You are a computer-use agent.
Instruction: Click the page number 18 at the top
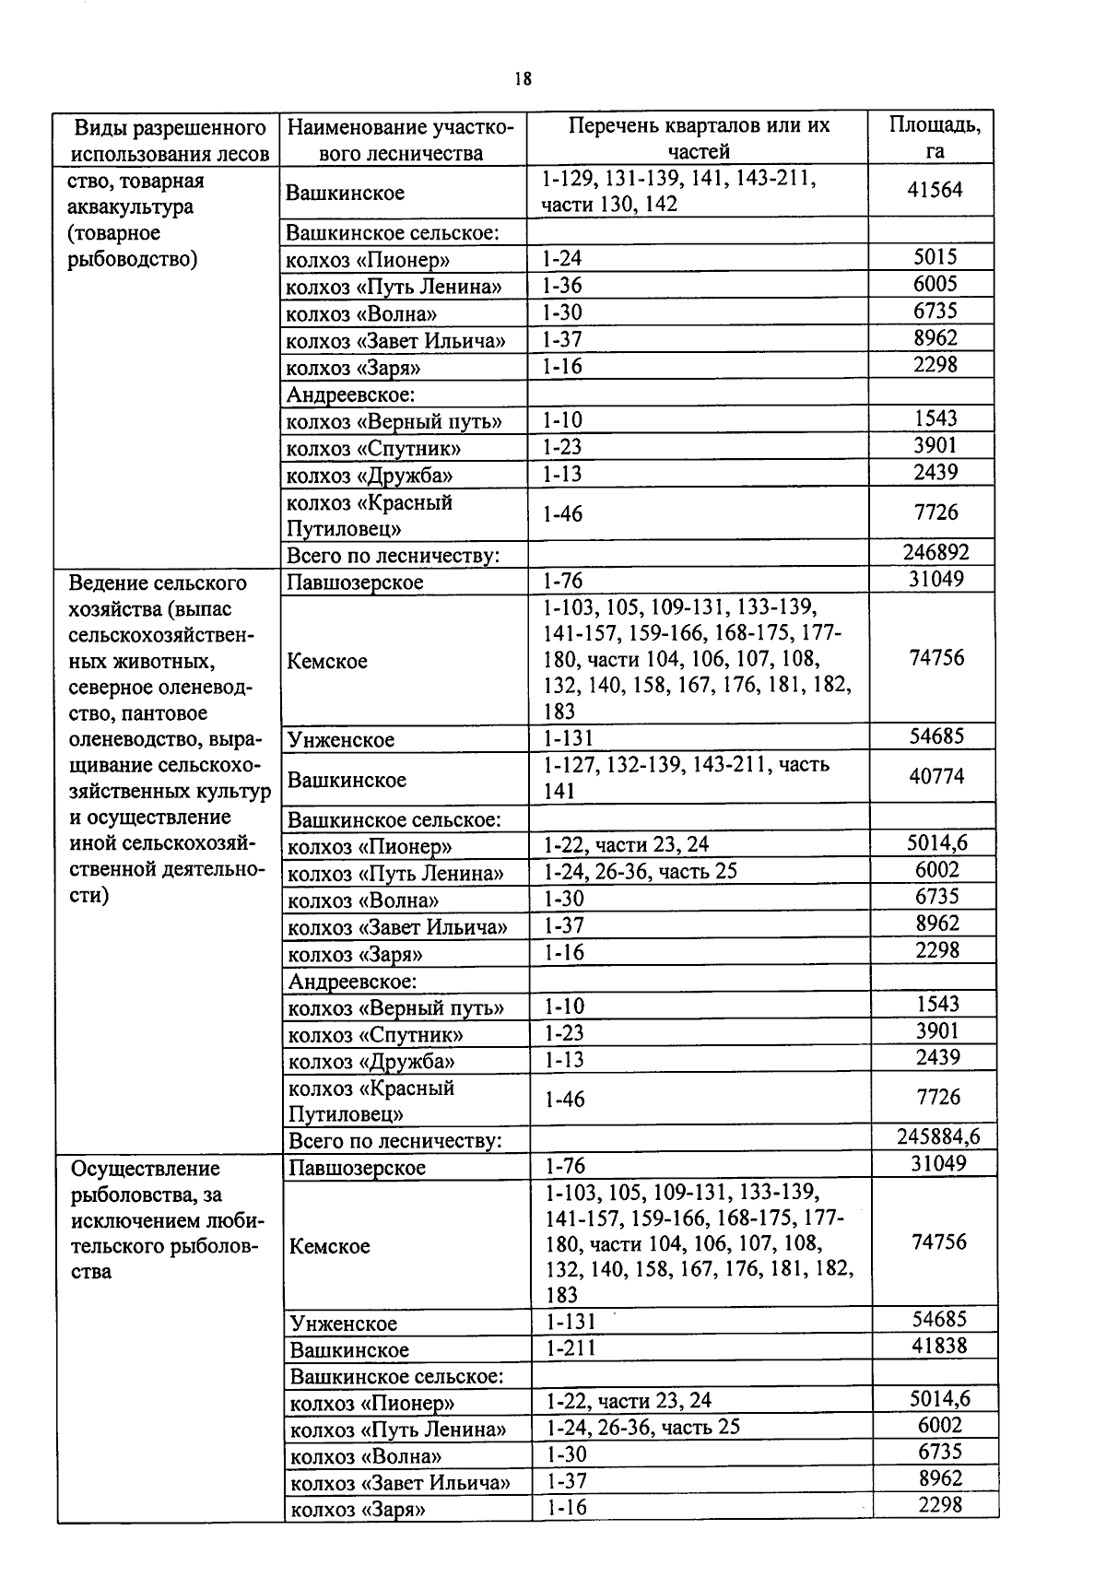pos(524,79)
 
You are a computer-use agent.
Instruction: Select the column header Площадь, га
pos(935,138)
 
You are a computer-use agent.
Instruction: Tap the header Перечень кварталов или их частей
pos(698,138)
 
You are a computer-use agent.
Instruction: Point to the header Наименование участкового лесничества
pos(401,139)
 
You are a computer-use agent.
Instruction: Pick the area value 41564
pos(935,189)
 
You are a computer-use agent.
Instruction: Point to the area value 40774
pos(936,777)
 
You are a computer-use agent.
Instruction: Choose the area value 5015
pos(935,257)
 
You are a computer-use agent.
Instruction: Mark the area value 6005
pos(935,284)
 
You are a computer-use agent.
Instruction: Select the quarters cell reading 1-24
pos(561,259)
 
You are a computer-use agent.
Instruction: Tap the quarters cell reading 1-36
pos(561,286)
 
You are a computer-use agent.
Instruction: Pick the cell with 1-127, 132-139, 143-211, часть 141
pos(687,777)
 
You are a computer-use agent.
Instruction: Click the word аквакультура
pos(131,206)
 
